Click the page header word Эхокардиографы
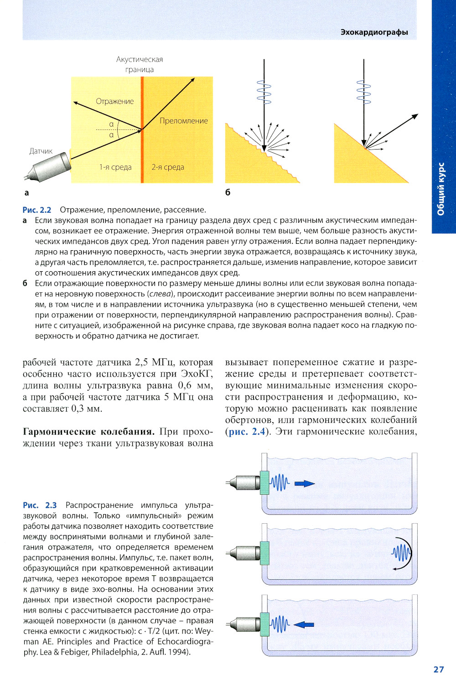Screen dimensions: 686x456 coord(374,32)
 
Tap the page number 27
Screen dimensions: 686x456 coord(438,669)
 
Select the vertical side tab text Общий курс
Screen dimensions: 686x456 coord(441,189)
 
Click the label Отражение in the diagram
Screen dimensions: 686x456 coord(115,101)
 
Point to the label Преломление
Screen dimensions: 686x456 coord(184,121)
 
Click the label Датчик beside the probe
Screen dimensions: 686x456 coord(41,151)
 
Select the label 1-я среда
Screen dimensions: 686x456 coord(115,167)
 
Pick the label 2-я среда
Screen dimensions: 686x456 coord(168,167)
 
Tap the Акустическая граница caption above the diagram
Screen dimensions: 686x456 coord(140,64)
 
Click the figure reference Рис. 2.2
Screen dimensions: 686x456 coord(37,210)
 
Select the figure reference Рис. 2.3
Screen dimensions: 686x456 coord(40,505)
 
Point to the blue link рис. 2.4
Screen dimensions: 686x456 coord(247,432)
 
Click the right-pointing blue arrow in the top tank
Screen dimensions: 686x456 coord(304,484)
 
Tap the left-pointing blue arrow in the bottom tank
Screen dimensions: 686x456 coord(304,624)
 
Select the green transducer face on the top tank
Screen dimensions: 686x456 coord(264,483)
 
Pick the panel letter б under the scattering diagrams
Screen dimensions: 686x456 coord(228,192)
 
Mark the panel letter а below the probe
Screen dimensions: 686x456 coord(26,193)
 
